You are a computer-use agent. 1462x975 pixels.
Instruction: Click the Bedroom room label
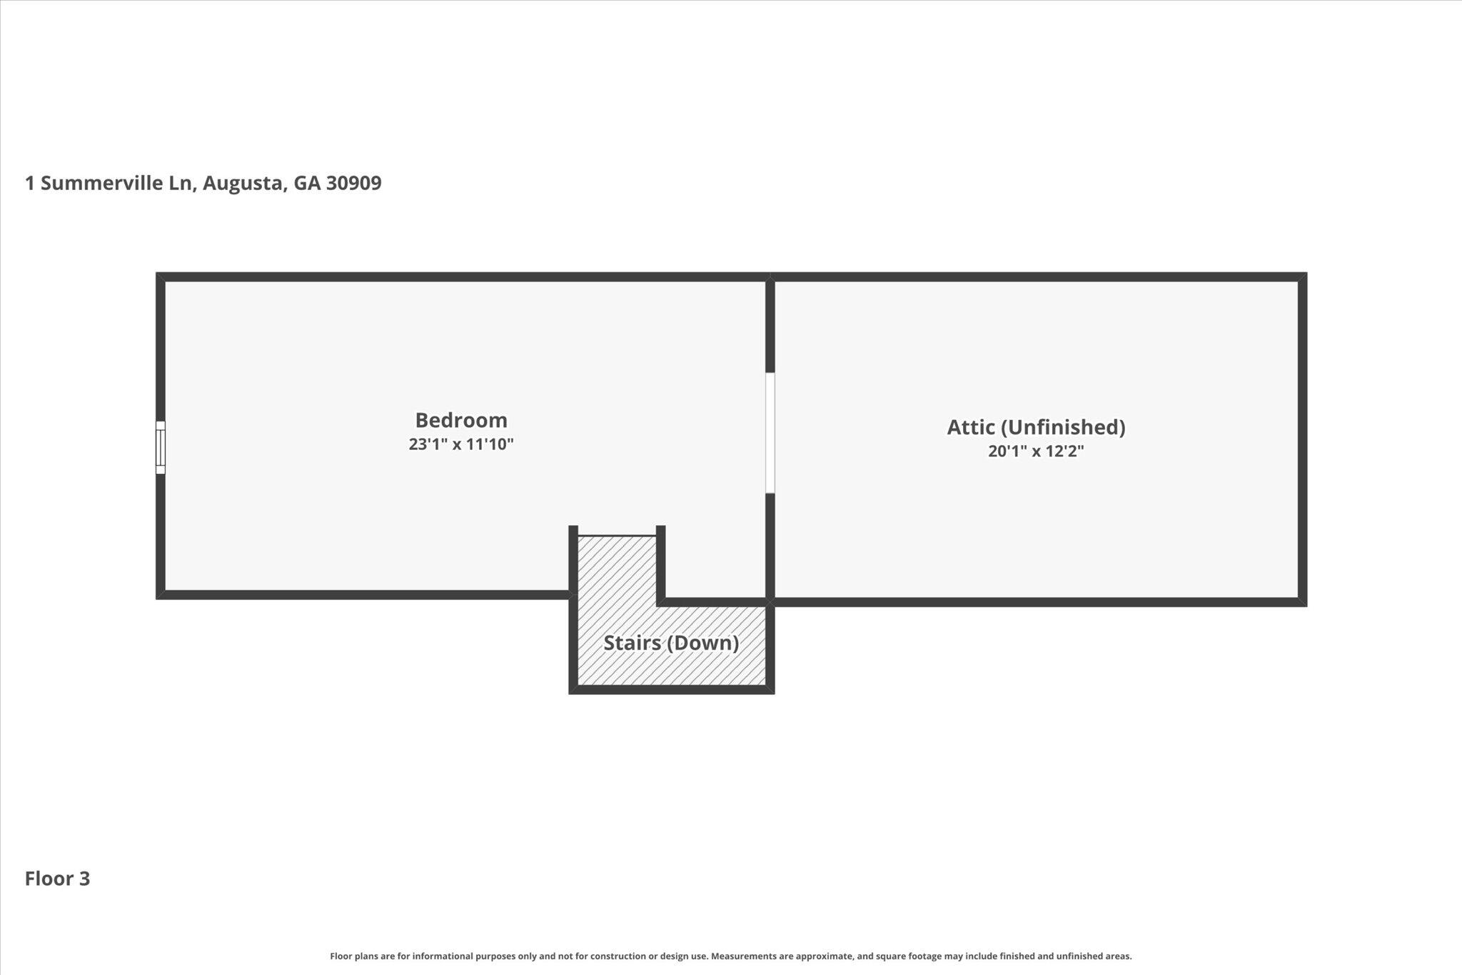[x=461, y=420]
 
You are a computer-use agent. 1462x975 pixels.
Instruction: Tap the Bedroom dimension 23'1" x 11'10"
[x=461, y=444]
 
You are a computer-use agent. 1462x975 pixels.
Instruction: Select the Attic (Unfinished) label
[x=1036, y=427]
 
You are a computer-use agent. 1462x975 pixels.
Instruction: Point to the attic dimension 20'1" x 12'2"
[x=1036, y=451]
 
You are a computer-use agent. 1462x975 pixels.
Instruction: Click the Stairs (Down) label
[x=671, y=643]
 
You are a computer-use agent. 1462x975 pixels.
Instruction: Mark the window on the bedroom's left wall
[x=161, y=447]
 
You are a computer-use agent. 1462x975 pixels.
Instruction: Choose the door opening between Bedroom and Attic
[x=770, y=433]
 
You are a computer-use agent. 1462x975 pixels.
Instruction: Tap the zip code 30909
[x=353, y=184]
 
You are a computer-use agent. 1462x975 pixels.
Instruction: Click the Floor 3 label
[x=57, y=879]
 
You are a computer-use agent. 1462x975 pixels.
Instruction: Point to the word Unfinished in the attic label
[x=1062, y=427]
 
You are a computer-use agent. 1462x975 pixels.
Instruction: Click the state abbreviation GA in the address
[x=307, y=184]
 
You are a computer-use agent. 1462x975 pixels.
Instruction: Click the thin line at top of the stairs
[x=616, y=535]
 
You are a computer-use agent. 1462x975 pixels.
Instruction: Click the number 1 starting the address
[x=30, y=184]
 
